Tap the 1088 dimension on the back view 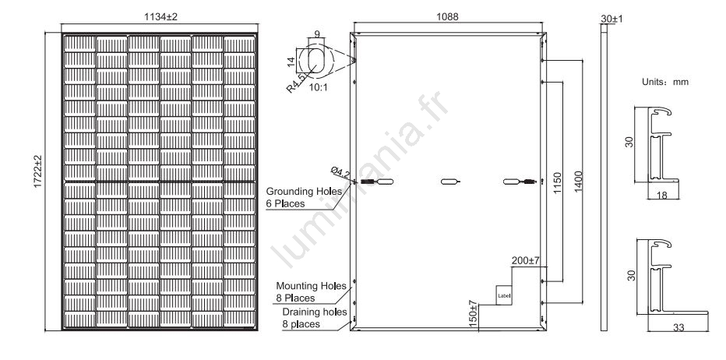coord(448,17)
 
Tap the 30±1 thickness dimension coord(608,16)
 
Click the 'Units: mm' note coord(664,81)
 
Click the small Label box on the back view coord(502,295)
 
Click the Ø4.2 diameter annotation coord(340,173)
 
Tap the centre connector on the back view coord(450,182)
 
